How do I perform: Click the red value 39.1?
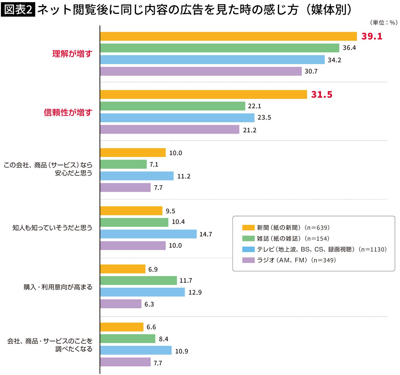[372, 36]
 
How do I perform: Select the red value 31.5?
[321, 95]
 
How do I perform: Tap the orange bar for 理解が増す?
[228, 36]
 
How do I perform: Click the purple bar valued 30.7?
[201, 71]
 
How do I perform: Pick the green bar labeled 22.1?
[173, 106]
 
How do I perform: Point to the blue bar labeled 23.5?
[177, 118]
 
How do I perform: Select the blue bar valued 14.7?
[148, 234]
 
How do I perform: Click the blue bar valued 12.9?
[142, 292]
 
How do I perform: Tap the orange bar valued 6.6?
[122, 327]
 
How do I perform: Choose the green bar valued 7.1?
[123, 164]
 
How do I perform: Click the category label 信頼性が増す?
[68, 112]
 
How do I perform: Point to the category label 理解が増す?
[72, 54]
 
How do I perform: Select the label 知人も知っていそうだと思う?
[52, 228]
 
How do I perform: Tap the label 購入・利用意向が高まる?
[58, 287]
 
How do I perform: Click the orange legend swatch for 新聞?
[248, 228]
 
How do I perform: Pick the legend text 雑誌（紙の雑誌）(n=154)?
[293, 239]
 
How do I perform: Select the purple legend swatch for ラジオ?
[248, 260]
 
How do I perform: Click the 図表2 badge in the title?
[18, 10]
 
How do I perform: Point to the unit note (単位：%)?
[383, 23]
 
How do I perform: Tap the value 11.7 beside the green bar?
[186, 281]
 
